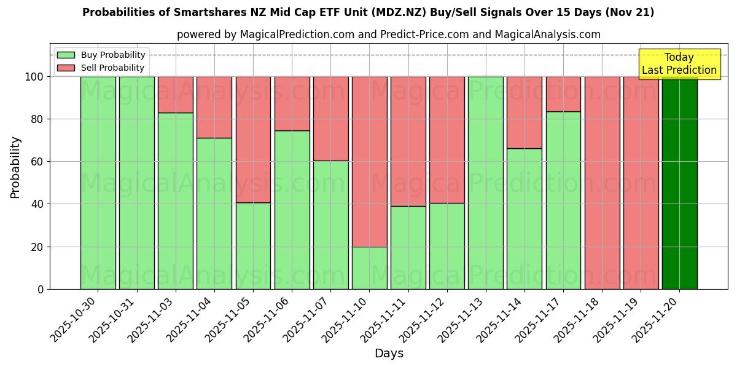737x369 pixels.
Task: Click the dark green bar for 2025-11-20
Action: (679, 183)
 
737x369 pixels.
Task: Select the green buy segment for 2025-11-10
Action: (369, 268)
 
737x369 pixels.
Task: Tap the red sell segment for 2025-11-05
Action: (253, 140)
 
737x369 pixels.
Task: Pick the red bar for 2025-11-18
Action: (602, 183)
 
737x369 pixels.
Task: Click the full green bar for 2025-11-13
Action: (485, 183)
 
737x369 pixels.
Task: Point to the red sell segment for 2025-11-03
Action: (176, 95)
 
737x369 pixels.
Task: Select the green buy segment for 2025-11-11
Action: (408, 247)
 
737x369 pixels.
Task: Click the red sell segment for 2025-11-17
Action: (563, 94)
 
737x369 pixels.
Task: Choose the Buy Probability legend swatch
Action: (66, 55)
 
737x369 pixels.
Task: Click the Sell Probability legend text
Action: (112, 68)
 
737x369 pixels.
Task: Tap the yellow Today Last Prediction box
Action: (679, 64)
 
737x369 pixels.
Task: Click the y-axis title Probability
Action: (15, 167)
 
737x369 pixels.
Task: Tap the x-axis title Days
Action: (389, 354)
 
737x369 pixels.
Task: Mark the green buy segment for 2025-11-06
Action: (292, 210)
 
